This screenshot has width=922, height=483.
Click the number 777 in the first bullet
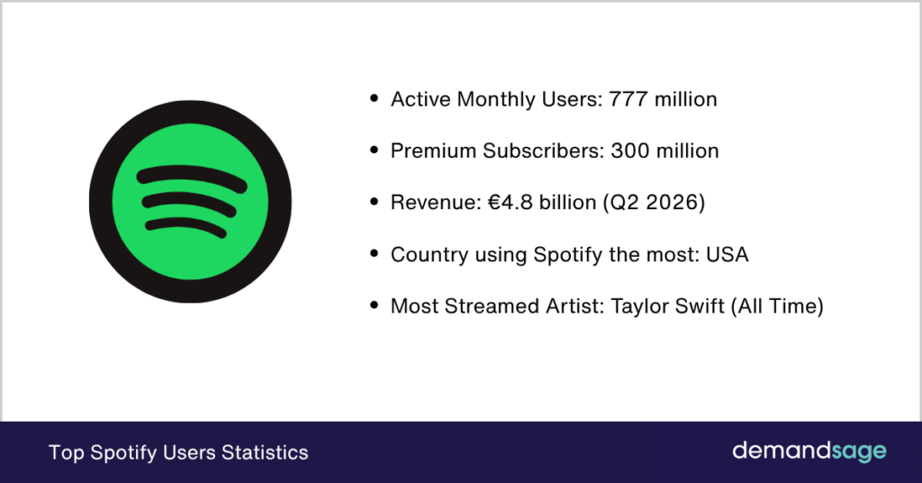(628, 99)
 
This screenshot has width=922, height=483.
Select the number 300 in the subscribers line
(629, 150)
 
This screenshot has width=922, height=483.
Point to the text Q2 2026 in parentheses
(654, 203)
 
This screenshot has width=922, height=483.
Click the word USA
(728, 254)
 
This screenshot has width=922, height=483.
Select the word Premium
(433, 150)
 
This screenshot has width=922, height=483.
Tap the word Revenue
(433, 203)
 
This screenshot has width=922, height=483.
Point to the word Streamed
(493, 305)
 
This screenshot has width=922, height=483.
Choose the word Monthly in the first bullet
(496, 99)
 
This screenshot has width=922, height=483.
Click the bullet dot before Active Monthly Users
(374, 98)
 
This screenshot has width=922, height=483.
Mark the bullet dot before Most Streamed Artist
(374, 305)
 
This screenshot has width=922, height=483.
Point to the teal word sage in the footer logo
(859, 452)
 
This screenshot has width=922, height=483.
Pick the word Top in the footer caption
(67, 453)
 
